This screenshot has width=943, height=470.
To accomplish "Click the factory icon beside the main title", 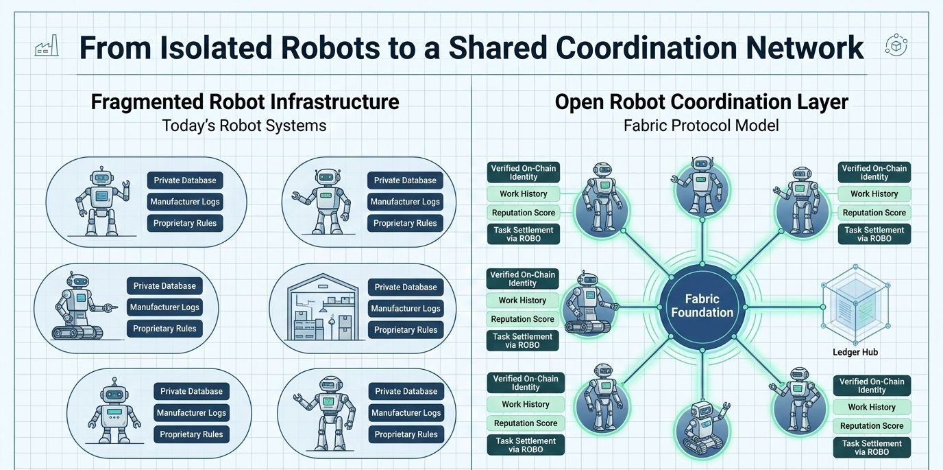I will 47,46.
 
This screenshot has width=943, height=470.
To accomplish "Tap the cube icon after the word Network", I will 896,46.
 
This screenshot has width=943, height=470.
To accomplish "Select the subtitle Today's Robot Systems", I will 244,126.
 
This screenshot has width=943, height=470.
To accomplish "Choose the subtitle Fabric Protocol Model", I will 701,126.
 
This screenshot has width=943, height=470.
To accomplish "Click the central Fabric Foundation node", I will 702,306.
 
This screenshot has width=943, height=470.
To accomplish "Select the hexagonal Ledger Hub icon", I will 855,307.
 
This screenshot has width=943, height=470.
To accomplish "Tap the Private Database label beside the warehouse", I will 406,287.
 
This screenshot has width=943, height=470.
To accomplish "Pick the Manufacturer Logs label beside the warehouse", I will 406,309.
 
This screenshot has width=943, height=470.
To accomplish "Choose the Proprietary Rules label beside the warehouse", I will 406,330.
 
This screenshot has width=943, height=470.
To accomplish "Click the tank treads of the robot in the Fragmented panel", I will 77,333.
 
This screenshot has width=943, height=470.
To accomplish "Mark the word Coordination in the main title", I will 648,47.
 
